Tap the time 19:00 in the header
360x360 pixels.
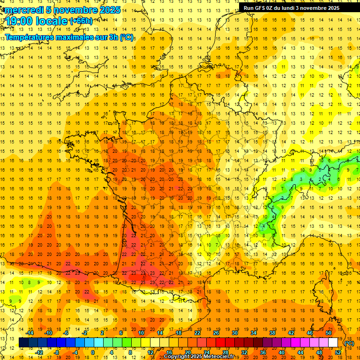(20, 21)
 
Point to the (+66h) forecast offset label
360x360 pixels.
(81, 21)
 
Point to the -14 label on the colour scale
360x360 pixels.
(30, 333)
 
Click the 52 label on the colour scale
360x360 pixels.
(338, 352)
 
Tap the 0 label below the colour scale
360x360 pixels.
(92, 352)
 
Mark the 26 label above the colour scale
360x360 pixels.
(216, 333)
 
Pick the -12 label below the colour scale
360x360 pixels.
(39, 352)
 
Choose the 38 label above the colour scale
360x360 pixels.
(272, 333)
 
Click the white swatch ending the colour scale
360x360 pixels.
(333, 343)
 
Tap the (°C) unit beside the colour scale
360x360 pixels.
(349, 343)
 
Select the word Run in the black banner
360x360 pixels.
(248, 8)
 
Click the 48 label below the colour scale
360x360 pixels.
(319, 352)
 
